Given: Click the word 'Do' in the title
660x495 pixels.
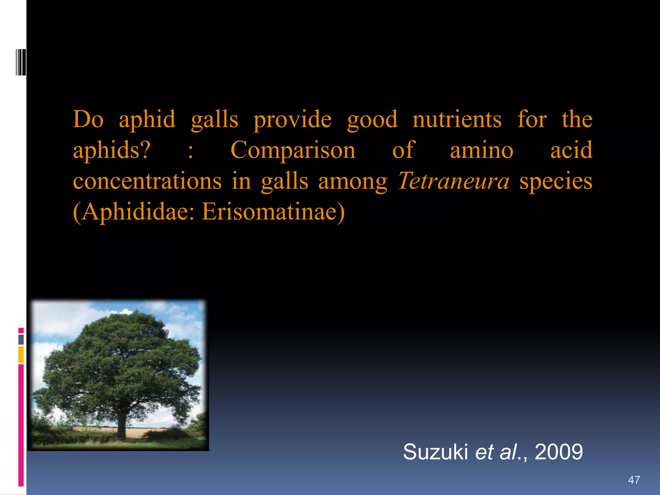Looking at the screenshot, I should [x=88, y=119].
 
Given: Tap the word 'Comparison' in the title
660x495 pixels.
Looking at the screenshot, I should [x=293, y=150].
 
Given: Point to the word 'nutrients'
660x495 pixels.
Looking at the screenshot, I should [x=457, y=119].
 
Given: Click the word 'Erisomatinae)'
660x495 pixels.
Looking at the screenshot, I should [x=273, y=212].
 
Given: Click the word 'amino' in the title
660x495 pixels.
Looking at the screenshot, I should [x=481, y=150].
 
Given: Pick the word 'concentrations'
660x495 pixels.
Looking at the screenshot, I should [x=147, y=181].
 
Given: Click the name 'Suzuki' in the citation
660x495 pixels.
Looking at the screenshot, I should [x=435, y=452].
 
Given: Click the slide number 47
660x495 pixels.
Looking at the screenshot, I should [x=634, y=480].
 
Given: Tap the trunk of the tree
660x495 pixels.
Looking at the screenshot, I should [x=121, y=425].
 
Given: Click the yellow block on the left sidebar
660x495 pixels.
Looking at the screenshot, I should [x=21, y=354].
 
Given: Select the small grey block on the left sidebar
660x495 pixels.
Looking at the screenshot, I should [x=21, y=339].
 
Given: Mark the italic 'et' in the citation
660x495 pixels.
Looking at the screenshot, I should [x=484, y=452].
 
